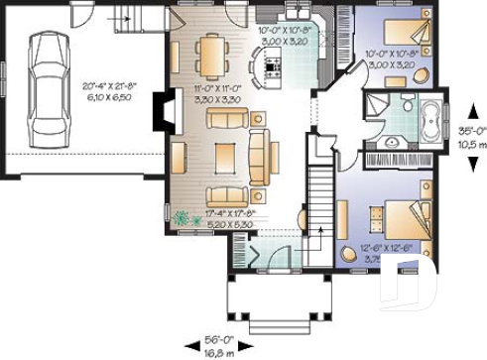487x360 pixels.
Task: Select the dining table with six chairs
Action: (x=211, y=54)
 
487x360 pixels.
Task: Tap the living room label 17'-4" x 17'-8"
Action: (x=234, y=218)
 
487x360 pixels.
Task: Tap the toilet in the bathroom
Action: (x=408, y=105)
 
